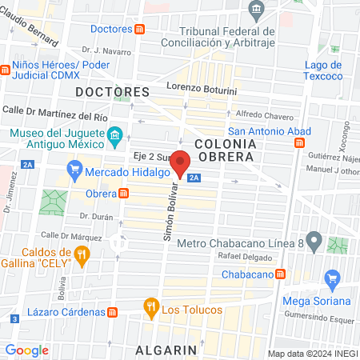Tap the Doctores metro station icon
(x=140, y=30)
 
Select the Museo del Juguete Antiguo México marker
(x=114, y=134)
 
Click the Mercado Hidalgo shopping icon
(x=75, y=170)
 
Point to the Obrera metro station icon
(x=124, y=193)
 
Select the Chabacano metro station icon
(x=280, y=274)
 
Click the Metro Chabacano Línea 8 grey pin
(x=314, y=239)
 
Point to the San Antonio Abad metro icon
(x=298, y=142)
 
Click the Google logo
(x=26, y=350)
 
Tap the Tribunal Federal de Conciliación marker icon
(x=257, y=10)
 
